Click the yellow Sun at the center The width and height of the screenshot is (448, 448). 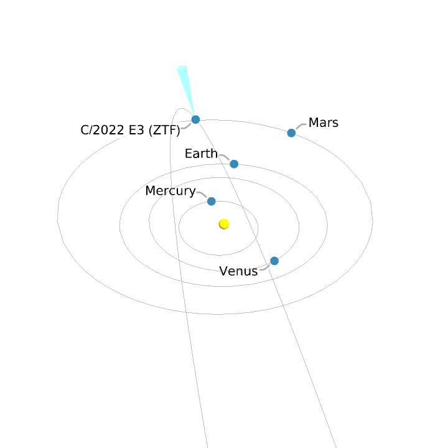(x=224, y=224)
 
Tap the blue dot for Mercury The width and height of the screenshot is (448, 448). (x=212, y=201)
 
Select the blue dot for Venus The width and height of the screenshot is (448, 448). (x=274, y=261)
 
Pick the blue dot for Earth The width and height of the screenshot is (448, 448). (x=234, y=164)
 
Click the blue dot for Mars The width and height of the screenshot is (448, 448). (x=291, y=133)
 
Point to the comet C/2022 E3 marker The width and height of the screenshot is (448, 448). (x=195, y=119)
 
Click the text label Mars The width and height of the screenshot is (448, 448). (x=324, y=123)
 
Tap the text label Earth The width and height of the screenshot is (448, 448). (x=201, y=154)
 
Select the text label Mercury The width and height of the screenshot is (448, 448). (x=170, y=191)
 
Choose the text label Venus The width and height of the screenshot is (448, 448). (x=238, y=271)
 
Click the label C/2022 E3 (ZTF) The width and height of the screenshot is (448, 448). (x=130, y=131)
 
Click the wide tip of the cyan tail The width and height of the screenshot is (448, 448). (x=182, y=68)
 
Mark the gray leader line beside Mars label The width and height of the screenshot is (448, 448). (x=301, y=127)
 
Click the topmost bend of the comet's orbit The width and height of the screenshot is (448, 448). (x=181, y=110)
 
